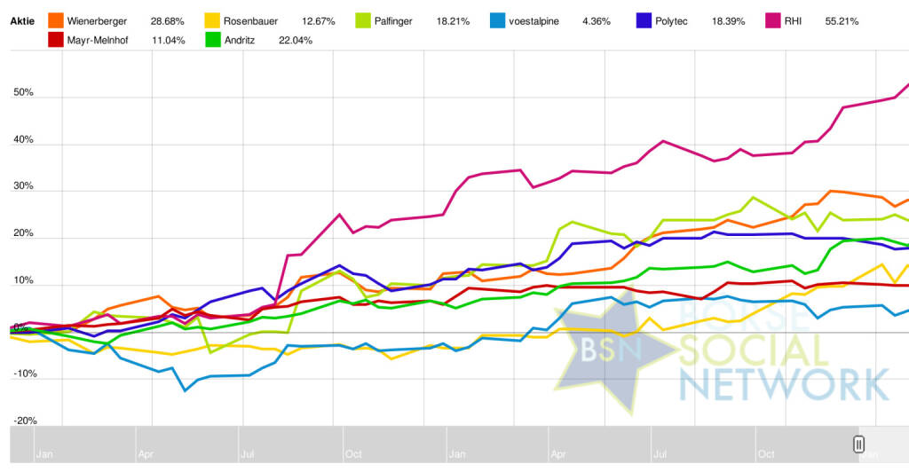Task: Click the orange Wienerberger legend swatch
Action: (x=55, y=20)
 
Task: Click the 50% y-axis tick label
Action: (x=24, y=93)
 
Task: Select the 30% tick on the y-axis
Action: (x=24, y=187)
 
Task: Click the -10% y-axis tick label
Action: (x=25, y=374)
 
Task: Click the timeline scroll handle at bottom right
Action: (x=858, y=444)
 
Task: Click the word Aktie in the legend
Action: (x=22, y=20)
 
